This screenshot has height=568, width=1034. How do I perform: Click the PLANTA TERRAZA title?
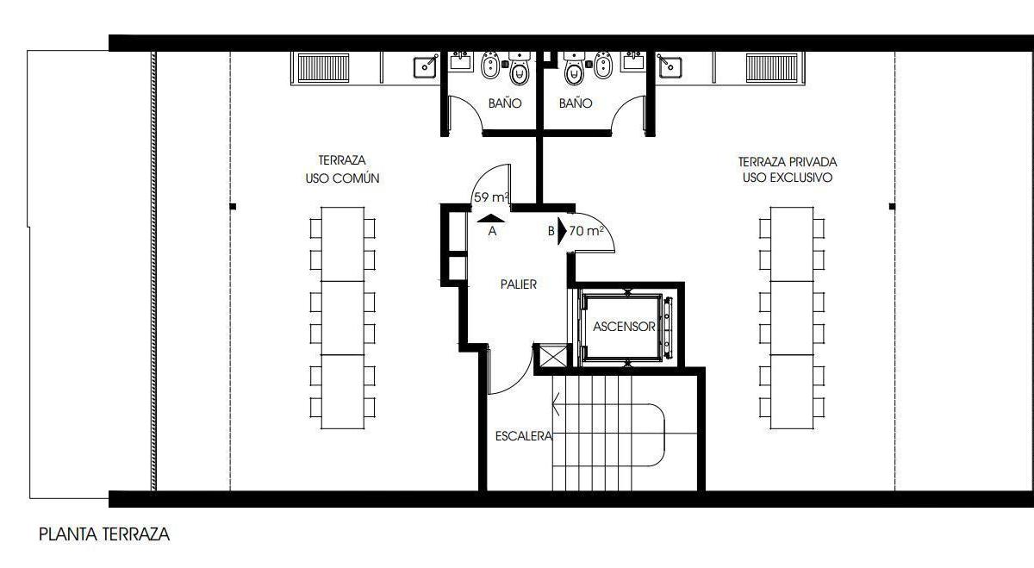[x=104, y=534]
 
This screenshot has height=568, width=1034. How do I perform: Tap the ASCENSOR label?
[x=624, y=327]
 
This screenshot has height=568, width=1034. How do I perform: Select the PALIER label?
[x=519, y=284]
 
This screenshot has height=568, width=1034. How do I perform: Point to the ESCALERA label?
[x=524, y=436]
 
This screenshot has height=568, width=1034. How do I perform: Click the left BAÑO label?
[x=505, y=103]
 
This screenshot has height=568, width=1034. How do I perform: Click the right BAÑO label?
[x=576, y=103]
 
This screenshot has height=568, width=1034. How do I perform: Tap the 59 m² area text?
[x=492, y=197]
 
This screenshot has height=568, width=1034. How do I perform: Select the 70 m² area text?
[x=586, y=230]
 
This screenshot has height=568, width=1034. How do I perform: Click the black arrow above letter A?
[x=490, y=219]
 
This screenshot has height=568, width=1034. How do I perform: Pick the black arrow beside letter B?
[x=562, y=231]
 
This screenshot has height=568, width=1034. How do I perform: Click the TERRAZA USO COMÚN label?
[x=342, y=169]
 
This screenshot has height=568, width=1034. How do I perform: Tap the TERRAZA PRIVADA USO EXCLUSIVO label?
[x=788, y=170]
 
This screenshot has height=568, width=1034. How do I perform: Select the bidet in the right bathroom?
[x=602, y=65]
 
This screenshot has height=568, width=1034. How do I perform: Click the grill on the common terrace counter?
[x=323, y=68]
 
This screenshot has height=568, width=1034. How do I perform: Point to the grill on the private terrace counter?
[x=772, y=68]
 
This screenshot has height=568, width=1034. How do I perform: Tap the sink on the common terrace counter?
[x=426, y=67]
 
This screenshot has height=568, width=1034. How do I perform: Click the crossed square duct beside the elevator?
[x=553, y=356]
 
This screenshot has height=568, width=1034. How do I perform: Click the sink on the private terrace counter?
[x=670, y=67]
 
